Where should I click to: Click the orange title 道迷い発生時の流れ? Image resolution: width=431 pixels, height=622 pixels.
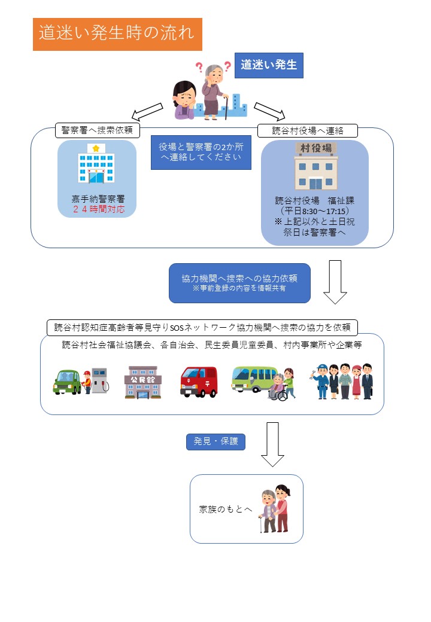(x=117, y=34)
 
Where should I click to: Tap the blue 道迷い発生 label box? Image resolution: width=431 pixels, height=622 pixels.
(x=269, y=65)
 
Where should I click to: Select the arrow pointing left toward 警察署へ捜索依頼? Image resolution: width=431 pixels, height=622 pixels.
(x=147, y=111)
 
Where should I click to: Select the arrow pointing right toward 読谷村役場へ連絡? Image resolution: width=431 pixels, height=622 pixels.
(x=269, y=112)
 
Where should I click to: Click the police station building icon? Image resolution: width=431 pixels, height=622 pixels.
(x=96, y=164)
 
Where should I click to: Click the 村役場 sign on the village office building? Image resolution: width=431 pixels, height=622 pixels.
(x=315, y=148)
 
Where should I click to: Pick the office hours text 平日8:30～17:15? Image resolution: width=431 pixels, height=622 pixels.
(x=315, y=211)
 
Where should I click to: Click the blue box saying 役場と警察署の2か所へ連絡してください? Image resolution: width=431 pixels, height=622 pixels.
(x=201, y=152)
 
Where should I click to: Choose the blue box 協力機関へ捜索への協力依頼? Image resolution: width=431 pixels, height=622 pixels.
(x=239, y=283)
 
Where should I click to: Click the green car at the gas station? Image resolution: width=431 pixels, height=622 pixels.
(x=67, y=381)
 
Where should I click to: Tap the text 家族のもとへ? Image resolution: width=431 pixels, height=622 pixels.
(x=226, y=510)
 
